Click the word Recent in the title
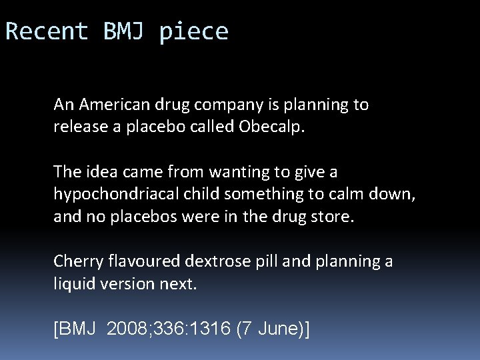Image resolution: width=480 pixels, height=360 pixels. tap(47, 31)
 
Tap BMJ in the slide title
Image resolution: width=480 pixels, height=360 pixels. tap(124, 31)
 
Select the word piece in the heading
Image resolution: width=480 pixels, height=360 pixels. tap(194, 32)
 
